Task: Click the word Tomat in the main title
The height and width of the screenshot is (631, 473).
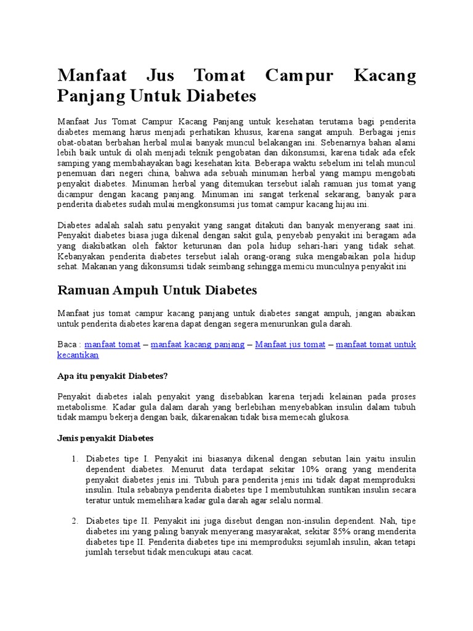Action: (219, 77)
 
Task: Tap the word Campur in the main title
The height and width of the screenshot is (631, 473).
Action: (299, 77)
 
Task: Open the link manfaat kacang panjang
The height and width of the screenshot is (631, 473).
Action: (198, 344)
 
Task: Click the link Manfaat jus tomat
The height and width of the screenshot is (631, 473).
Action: (290, 344)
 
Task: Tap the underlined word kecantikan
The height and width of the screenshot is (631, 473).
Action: (78, 356)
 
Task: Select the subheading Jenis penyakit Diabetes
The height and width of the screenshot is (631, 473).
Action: (105, 438)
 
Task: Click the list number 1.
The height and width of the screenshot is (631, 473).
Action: (74, 458)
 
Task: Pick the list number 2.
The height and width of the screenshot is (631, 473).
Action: (74, 521)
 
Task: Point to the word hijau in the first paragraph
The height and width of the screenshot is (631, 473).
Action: (341, 205)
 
